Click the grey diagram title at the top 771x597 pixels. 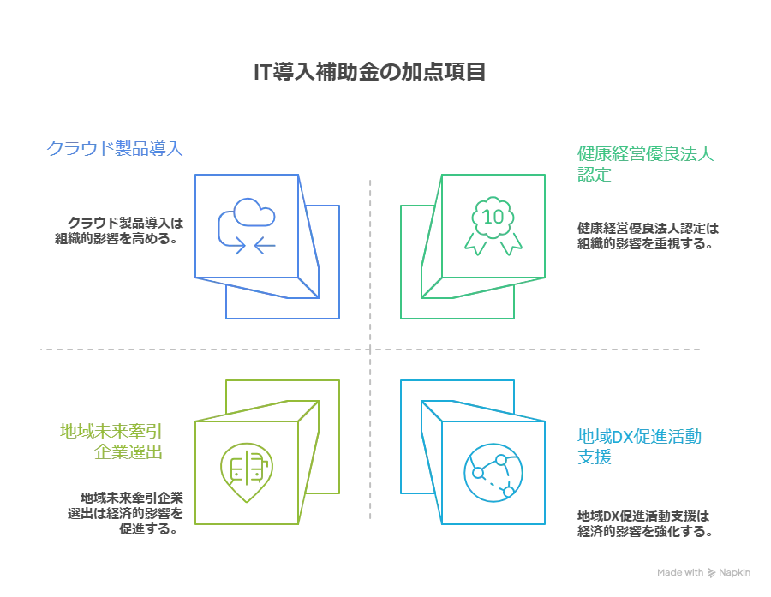coord(370,71)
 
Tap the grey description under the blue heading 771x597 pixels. coord(117,230)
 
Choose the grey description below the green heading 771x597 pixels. coord(645,236)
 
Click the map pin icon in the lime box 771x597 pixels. coord(243,469)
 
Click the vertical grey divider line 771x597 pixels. coord(369,257)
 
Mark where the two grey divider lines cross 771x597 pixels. coord(369,349)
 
